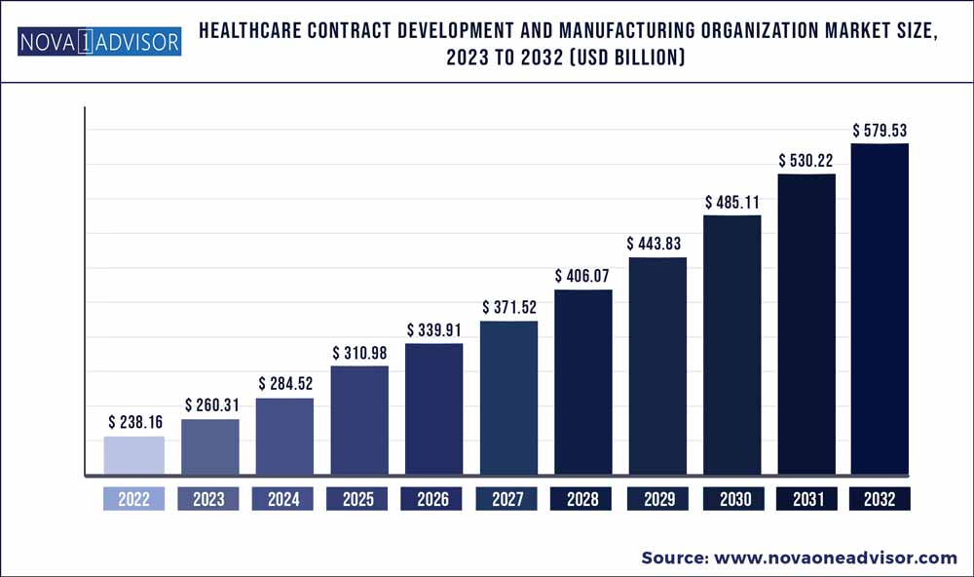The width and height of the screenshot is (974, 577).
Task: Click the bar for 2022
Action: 134,456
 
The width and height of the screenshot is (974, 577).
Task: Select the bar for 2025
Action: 359,421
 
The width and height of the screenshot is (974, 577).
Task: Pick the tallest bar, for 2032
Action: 880,310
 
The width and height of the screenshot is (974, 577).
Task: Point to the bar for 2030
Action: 731,346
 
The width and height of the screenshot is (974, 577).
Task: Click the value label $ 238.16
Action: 134,423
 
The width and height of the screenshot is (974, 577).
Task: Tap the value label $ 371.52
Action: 509,308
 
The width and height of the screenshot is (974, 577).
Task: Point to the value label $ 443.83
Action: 657,244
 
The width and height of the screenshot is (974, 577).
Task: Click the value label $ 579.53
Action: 880,130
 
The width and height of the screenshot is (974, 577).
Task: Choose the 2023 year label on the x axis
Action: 208,499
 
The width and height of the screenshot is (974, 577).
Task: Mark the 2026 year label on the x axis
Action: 433,499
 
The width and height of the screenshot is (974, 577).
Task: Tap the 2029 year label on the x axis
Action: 658,499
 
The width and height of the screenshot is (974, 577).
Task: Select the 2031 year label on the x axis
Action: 806,499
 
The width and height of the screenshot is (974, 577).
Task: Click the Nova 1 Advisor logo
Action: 98,42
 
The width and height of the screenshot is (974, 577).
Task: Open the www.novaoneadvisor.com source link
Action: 838,558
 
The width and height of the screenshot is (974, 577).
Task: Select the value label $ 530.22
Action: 806,160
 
